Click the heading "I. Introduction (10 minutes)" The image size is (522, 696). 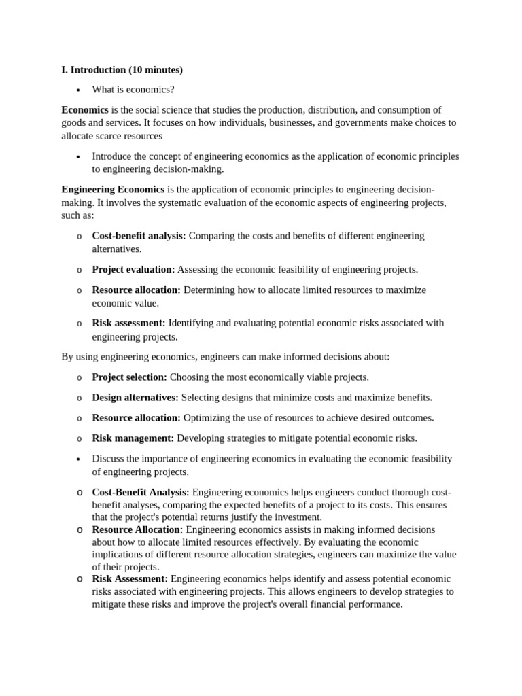click(x=122, y=70)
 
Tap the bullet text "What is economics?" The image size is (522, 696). click(x=133, y=90)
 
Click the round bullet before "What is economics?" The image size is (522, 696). click(x=79, y=90)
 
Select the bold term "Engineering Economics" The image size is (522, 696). click(x=113, y=190)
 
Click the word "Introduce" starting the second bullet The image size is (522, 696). click(x=112, y=156)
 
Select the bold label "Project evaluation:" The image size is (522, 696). click(x=133, y=270)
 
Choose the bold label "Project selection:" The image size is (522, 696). click(x=129, y=377)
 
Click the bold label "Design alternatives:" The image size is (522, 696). click(x=135, y=398)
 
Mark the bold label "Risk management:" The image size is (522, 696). click(x=133, y=438)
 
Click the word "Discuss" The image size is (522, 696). click(x=109, y=459)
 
